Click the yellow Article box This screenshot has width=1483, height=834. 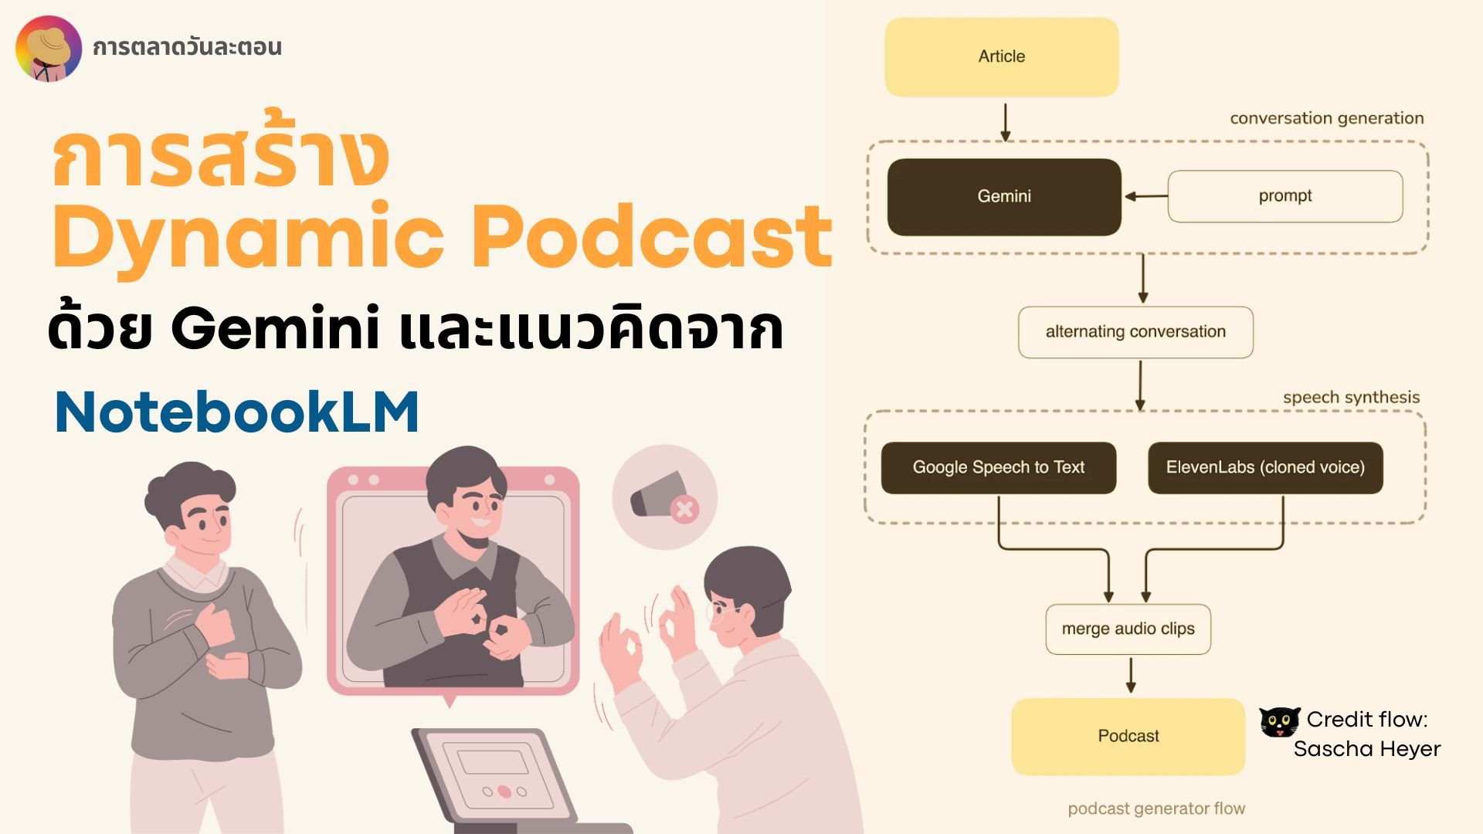1001,57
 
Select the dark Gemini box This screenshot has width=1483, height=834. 1004,197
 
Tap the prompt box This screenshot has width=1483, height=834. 1285,196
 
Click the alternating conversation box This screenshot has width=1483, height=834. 1135,332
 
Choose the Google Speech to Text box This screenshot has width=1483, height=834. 999,467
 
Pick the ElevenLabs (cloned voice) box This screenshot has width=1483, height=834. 1265,467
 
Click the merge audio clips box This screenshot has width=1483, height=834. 1128,629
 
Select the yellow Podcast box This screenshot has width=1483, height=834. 1128,737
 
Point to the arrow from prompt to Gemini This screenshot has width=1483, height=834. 1145,196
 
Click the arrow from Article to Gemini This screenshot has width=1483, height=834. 1005,123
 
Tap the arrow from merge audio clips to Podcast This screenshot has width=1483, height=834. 1131,675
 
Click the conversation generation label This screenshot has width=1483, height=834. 1327,118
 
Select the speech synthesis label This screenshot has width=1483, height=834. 1352,398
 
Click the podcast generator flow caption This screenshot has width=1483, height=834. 1156,809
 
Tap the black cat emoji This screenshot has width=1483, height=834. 1279,722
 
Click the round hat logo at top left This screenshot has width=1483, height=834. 49,48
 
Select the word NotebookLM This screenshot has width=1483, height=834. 237,412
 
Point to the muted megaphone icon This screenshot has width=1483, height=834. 664,497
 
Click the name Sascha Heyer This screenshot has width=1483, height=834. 1367,749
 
